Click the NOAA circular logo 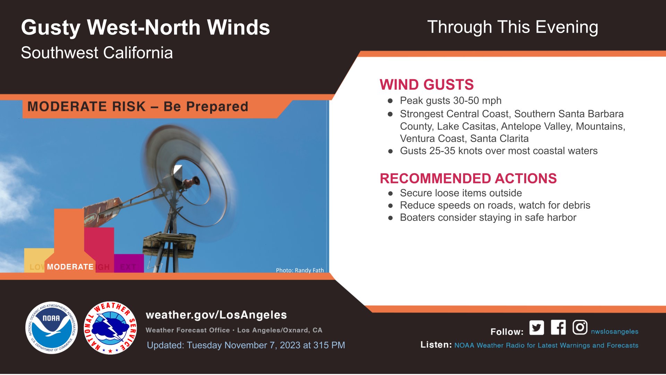52,328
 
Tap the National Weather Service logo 110,328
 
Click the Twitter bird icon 537,327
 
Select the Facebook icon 558,327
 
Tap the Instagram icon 580,327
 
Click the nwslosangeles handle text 615,332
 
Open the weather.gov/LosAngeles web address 216,315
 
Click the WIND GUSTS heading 427,85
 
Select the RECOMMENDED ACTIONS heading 468,178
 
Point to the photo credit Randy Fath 300,270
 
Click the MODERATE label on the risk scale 70,267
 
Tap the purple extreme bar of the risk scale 129,263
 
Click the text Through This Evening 513,27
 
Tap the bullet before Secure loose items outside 391,193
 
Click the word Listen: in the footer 436,345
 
